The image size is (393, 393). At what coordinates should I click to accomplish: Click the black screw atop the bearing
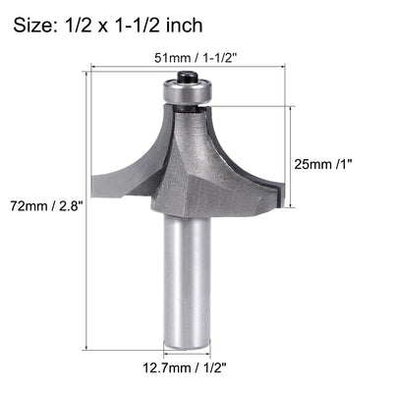(x=186, y=76)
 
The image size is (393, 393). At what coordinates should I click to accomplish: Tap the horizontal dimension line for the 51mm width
(x=188, y=69)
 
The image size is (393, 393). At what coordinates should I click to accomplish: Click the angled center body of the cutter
(x=196, y=177)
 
